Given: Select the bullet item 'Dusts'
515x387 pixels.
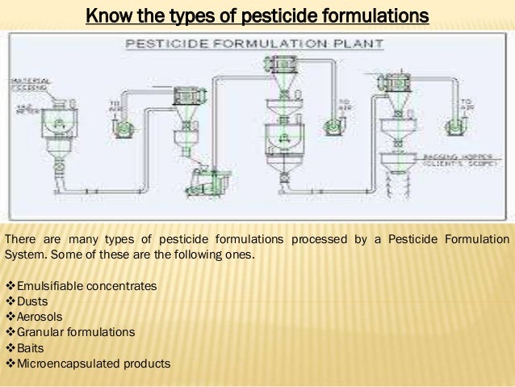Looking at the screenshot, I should (33, 301).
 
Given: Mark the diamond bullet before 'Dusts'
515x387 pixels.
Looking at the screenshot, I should (10, 301).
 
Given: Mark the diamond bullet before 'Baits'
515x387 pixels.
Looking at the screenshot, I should (10, 347).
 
